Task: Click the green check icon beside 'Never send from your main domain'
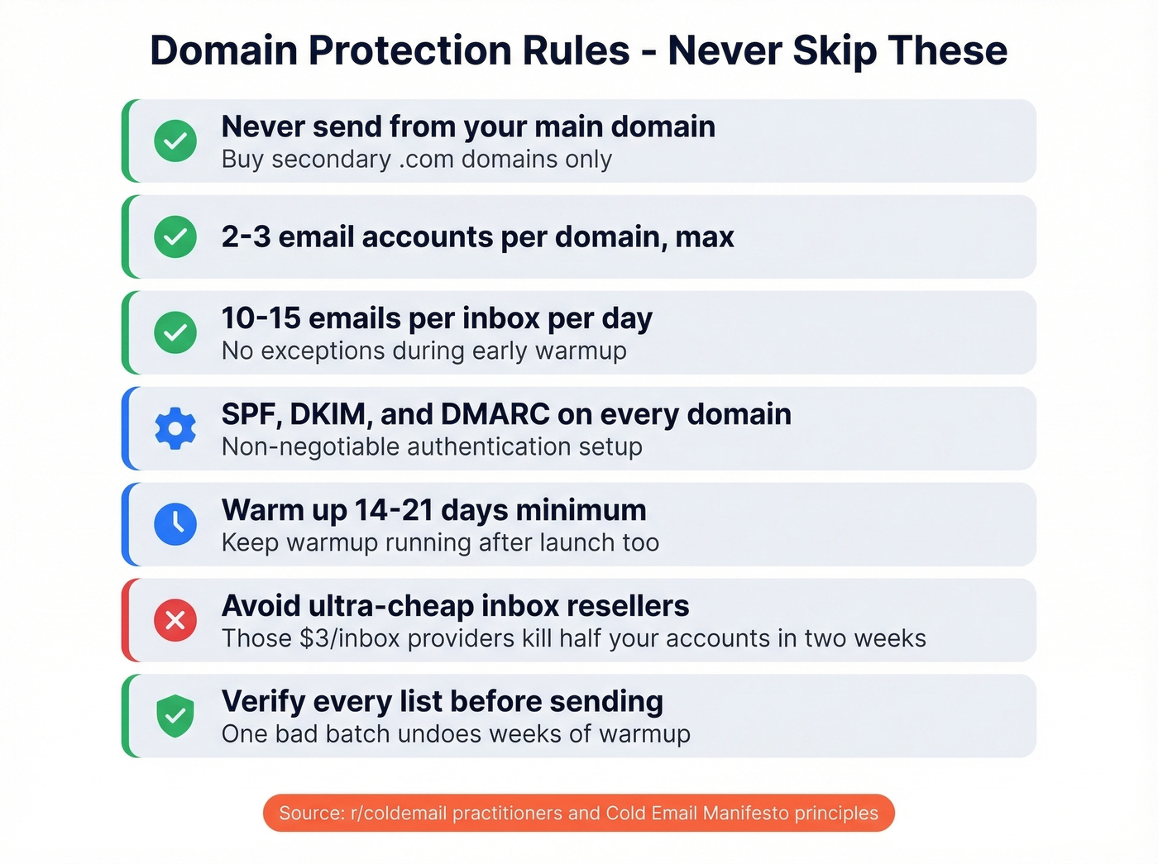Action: click(x=175, y=141)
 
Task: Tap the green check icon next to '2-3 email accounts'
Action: click(x=175, y=237)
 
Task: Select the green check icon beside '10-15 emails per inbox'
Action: click(x=175, y=332)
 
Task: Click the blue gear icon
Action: click(x=175, y=428)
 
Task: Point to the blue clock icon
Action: click(x=175, y=524)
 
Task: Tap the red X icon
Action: click(x=175, y=620)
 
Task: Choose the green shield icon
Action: click(x=175, y=715)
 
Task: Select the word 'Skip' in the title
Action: click(x=834, y=51)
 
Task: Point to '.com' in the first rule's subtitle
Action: click(x=426, y=160)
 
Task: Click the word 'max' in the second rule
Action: click(x=705, y=237)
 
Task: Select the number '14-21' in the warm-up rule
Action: click(x=394, y=510)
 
